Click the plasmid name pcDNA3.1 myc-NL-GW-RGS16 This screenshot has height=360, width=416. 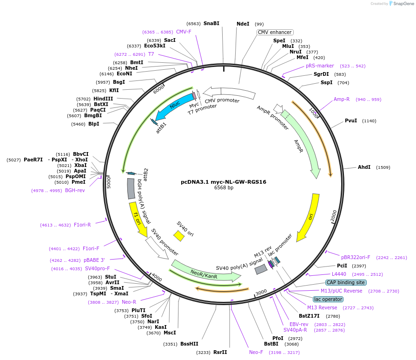pyautogui.click(x=224, y=182)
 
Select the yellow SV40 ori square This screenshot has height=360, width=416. pyautogui.click(x=179, y=235)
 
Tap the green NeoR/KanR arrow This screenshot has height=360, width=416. pyautogui.click(x=205, y=271)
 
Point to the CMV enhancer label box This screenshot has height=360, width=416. pyautogui.click(x=275, y=32)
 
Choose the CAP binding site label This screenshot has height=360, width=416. pyautogui.click(x=346, y=282)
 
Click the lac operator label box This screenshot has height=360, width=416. pyautogui.click(x=328, y=299)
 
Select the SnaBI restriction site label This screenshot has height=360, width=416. pyautogui.click(x=211, y=23)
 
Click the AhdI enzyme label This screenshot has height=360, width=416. pyautogui.click(x=364, y=167)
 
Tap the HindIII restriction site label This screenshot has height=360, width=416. pyautogui.click(x=103, y=99)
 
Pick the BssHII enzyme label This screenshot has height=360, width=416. pyautogui.click(x=189, y=344)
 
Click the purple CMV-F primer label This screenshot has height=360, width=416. pyautogui.click(x=184, y=32)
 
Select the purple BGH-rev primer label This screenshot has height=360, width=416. pyautogui.click(x=75, y=190)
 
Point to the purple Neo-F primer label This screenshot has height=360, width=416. pyautogui.click(x=256, y=352)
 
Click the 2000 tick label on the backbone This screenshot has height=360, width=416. pyautogui.click(x=334, y=215)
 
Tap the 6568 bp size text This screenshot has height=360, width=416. pyautogui.click(x=224, y=188)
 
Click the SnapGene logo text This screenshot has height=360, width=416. pyautogui.click(x=403, y=3)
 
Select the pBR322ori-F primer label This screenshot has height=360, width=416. pyautogui.click(x=356, y=257)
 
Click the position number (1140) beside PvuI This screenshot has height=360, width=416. pyautogui.click(x=369, y=121)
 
